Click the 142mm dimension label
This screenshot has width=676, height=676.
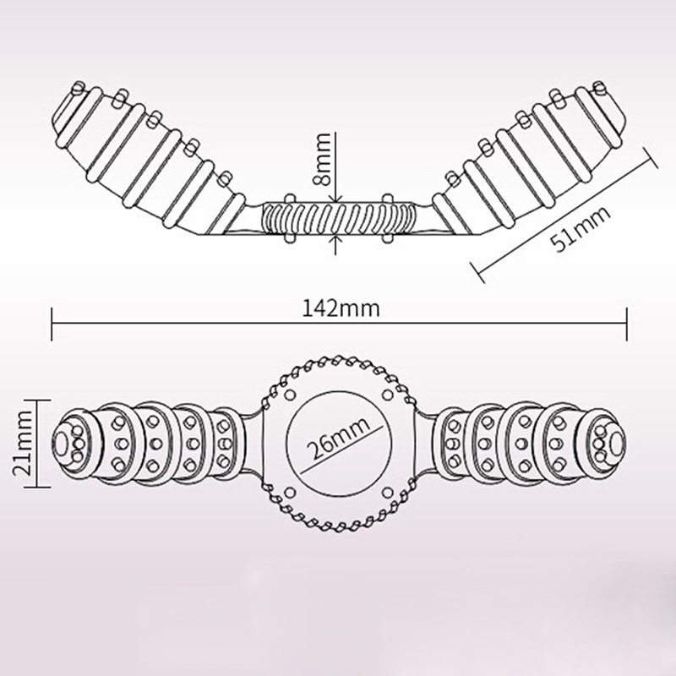click(341, 308)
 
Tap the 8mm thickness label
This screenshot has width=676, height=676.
click(323, 159)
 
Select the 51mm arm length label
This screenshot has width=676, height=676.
click(581, 228)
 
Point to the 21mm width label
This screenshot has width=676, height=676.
click(24, 444)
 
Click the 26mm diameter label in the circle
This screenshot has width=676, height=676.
click(339, 438)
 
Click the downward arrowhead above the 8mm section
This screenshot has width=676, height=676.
click(335, 199)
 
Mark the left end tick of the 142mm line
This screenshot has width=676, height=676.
click(52, 324)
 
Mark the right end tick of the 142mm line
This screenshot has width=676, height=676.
click(626, 324)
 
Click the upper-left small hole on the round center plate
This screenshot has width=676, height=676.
click(290, 395)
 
